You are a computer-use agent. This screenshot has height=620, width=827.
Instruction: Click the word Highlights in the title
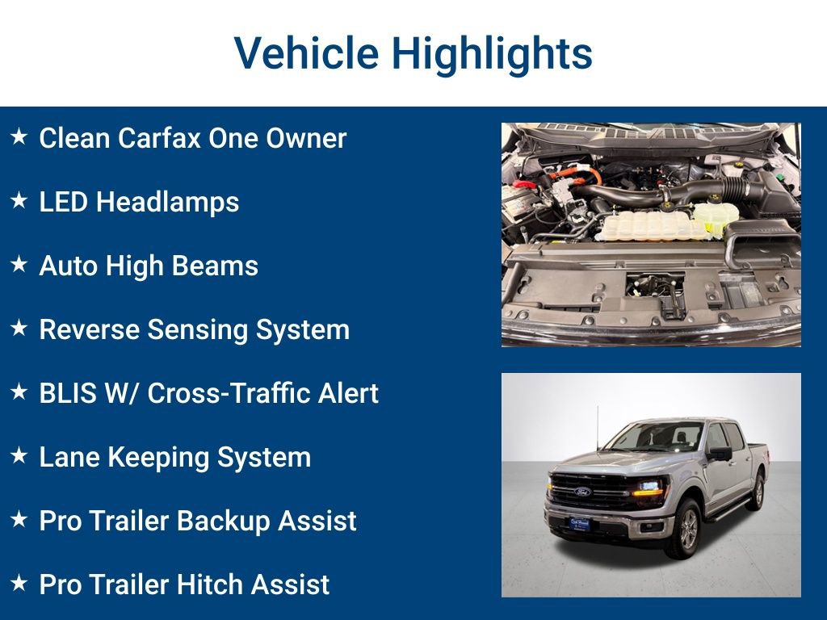click(492, 53)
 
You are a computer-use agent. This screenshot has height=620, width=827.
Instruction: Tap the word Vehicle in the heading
click(306, 53)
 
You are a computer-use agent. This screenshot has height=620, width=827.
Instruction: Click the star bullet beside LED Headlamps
click(19, 201)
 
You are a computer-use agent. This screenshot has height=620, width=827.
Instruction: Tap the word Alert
click(346, 393)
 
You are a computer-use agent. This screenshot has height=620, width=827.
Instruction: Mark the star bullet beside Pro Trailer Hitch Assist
click(19, 584)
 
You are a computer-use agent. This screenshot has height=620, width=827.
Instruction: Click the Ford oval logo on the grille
click(582, 492)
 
